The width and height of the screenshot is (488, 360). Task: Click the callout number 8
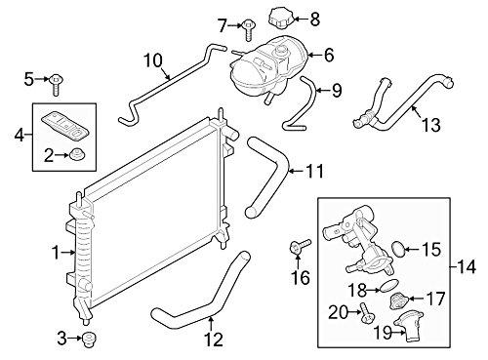point(314,20)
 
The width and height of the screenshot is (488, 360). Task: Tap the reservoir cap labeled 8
point(281,20)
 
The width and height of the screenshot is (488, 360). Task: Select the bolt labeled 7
point(248,30)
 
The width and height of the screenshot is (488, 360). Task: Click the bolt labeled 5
point(56,85)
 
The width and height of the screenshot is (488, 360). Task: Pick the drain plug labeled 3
point(88,340)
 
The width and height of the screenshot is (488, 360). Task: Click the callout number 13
point(431,125)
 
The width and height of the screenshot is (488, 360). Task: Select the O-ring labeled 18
point(387,285)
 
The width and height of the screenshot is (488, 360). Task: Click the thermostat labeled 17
point(398,301)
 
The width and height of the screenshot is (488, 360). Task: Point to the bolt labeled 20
point(366,312)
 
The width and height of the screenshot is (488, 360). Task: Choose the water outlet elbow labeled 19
point(409,325)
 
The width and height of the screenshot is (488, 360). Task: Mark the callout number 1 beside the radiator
point(57,253)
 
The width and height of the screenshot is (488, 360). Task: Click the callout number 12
point(214,340)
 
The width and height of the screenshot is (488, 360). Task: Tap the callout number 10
point(153,60)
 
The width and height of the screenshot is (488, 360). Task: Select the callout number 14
point(467,267)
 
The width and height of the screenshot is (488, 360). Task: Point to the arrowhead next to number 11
point(292,171)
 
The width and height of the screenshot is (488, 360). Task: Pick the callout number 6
point(329,55)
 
